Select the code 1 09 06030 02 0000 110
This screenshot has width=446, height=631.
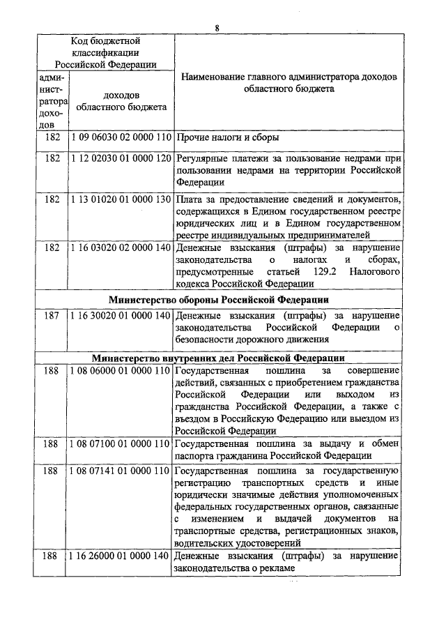[x=121, y=138]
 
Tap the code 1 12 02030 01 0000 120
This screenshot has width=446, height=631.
[x=121, y=159]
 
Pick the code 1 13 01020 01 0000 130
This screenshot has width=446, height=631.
[x=121, y=202]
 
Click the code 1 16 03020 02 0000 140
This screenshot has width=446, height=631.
[x=121, y=248]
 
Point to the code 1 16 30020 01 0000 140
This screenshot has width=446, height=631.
[x=121, y=316]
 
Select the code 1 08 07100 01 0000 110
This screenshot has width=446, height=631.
[x=121, y=443]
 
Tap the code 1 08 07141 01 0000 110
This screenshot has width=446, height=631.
[x=121, y=471]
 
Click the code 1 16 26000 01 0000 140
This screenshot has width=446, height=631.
[x=121, y=556]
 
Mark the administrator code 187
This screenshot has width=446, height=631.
[x=52, y=316]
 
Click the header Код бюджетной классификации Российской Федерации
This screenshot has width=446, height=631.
[x=105, y=53]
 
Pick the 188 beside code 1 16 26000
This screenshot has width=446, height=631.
[x=52, y=556]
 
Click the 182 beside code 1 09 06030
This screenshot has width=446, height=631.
[x=52, y=138]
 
